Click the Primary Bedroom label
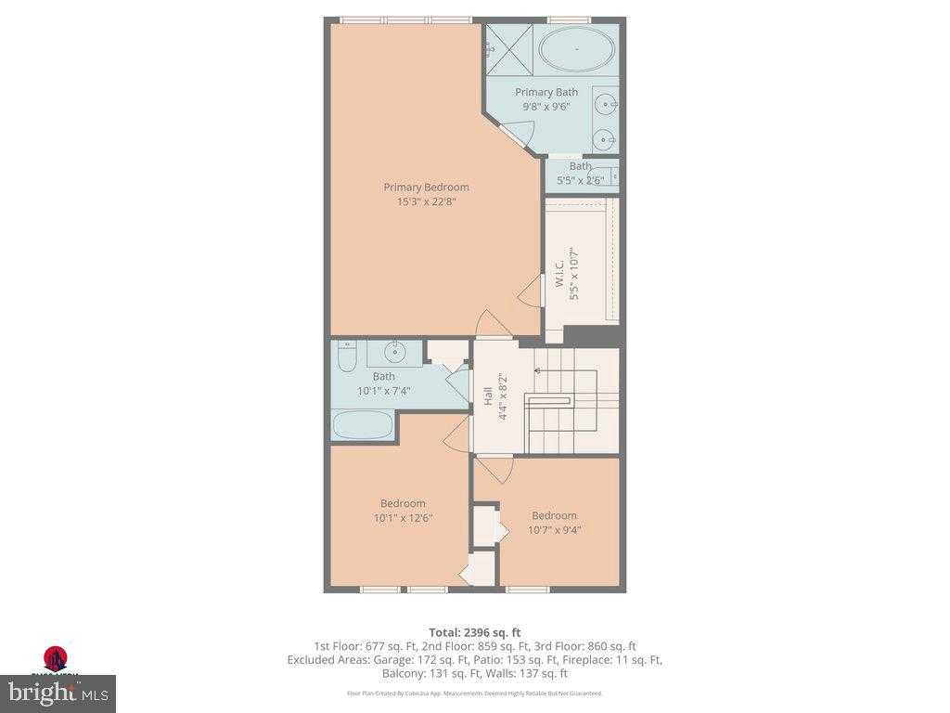[x=426, y=187]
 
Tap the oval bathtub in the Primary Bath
[x=576, y=49]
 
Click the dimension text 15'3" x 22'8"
[x=426, y=201]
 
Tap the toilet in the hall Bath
[x=345, y=357]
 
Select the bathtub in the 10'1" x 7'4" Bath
[x=363, y=425]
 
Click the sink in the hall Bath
[x=396, y=352]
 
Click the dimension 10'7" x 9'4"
[x=554, y=530]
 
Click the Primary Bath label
[x=546, y=92]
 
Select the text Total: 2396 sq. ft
[x=474, y=632]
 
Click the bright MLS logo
[x=58, y=693]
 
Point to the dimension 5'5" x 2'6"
[x=580, y=180]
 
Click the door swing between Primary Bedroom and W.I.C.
[x=531, y=291]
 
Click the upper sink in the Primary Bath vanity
[x=606, y=102]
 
